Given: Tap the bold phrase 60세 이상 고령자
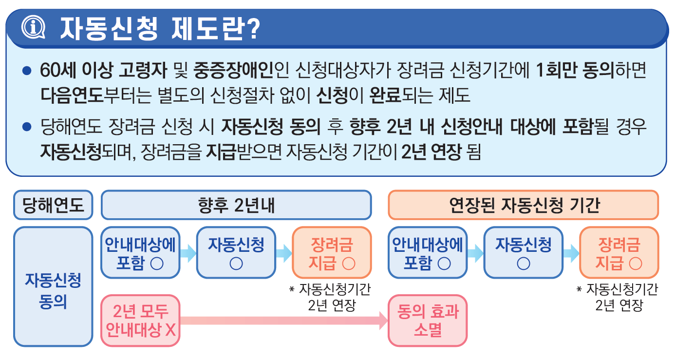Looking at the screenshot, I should tap(104, 71).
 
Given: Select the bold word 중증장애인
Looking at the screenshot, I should tap(233, 71).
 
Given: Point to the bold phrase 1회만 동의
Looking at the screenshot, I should tap(575, 71).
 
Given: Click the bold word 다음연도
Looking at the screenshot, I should tap(72, 95).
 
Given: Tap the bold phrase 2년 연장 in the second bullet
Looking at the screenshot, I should tap(431, 152).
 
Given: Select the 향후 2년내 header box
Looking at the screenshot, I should tap(236, 205).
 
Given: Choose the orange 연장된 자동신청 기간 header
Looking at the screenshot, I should tap(523, 205).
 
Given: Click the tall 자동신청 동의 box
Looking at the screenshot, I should tap(53, 286).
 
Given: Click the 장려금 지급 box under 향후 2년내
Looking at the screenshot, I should tap(332, 253).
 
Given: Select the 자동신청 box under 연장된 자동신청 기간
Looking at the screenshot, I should tap(523, 253).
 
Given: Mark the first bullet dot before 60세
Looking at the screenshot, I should tap(27, 71).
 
